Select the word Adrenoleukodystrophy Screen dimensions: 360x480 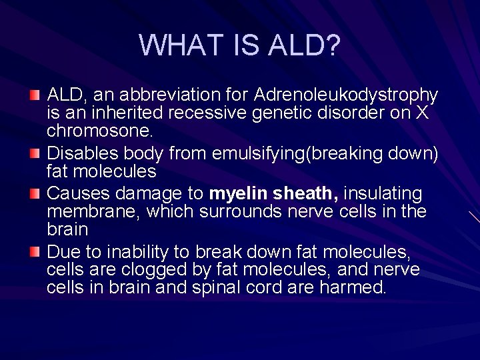pos(347,95)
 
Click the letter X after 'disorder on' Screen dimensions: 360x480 pos(421,113)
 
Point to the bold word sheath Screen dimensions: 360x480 pos(305,194)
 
